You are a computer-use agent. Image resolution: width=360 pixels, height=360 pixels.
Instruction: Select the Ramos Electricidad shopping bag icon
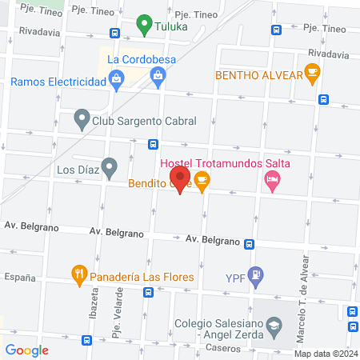click(118, 78)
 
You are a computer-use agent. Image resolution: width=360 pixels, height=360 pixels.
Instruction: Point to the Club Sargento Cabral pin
click(81, 121)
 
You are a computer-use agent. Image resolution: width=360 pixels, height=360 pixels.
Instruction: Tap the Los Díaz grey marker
click(110, 168)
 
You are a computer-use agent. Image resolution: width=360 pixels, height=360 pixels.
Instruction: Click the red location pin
click(179, 179)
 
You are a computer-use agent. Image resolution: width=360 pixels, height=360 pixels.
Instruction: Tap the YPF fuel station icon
click(255, 276)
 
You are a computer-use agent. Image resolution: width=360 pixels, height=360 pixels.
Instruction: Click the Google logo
click(26, 350)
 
